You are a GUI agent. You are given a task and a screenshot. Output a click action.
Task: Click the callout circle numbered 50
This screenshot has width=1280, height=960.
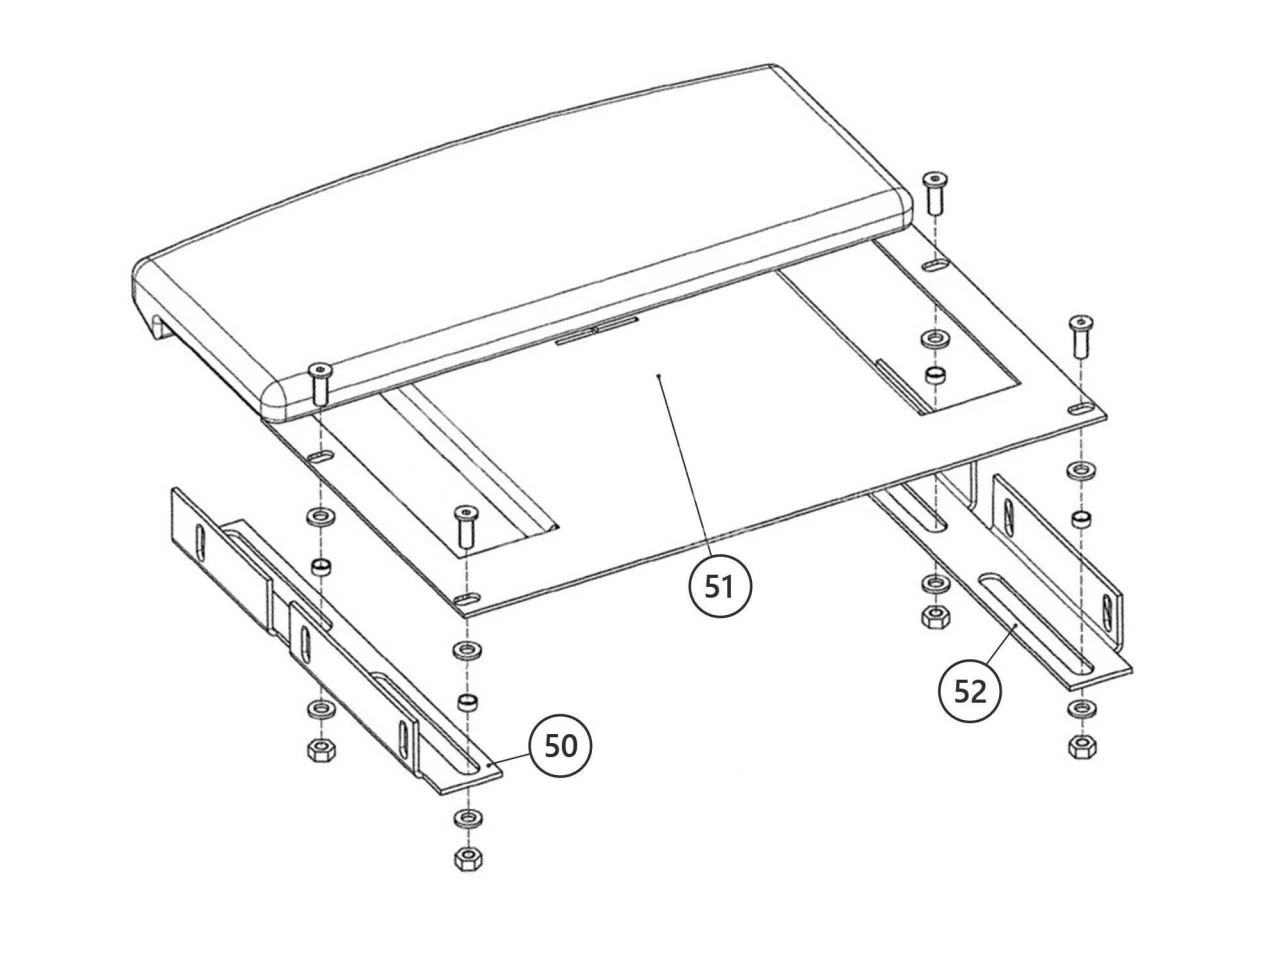(x=559, y=746)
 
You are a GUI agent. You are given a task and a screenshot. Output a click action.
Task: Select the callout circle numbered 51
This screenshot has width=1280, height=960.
(x=719, y=586)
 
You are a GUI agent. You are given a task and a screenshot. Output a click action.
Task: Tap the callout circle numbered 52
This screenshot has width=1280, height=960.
(x=969, y=692)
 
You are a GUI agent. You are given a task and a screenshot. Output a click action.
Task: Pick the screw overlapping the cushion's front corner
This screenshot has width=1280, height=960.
(x=320, y=383)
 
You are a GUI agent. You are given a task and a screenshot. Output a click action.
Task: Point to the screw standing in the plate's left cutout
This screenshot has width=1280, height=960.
(x=465, y=527)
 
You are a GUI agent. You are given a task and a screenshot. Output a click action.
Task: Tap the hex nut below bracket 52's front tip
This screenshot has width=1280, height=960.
(x=1082, y=747)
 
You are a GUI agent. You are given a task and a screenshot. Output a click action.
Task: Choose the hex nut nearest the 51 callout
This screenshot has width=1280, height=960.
(x=935, y=616)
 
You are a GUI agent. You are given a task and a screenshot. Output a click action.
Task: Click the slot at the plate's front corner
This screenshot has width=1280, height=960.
(x=467, y=599)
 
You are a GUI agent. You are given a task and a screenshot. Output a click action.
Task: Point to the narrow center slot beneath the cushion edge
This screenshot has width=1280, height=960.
(x=596, y=330)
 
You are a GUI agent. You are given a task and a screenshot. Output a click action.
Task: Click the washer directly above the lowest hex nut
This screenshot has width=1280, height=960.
(x=467, y=818)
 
